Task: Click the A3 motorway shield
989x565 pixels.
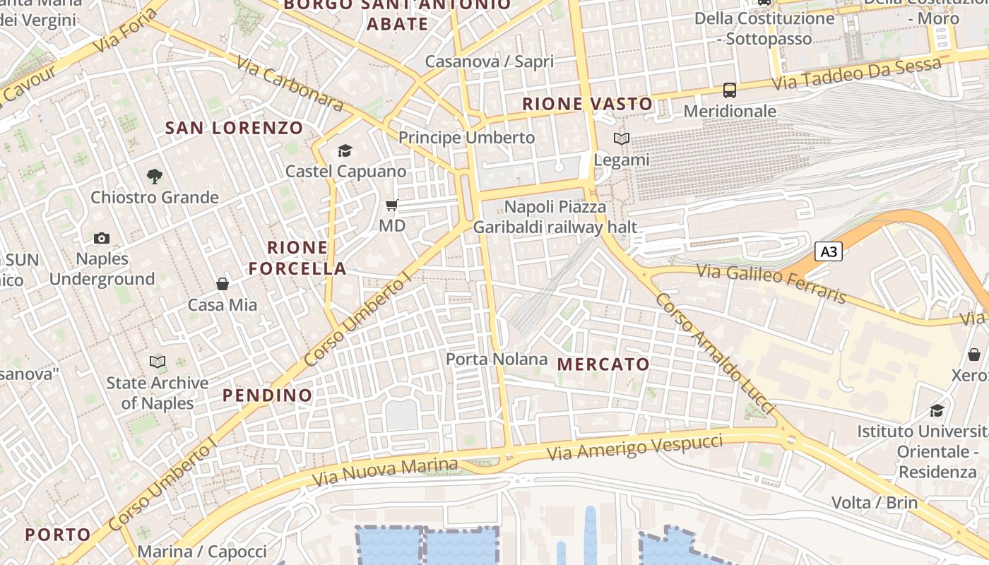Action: tap(829, 251)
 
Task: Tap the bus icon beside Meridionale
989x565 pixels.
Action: tap(730, 90)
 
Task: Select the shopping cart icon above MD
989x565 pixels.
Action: tap(392, 206)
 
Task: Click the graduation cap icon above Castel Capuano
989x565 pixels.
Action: tap(345, 150)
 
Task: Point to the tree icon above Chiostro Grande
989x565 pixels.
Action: tap(154, 176)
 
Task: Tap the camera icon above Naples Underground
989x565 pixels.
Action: tap(102, 239)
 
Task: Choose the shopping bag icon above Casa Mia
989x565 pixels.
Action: tap(223, 284)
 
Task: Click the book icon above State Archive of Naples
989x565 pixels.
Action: tap(158, 362)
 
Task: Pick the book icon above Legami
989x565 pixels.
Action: tap(621, 139)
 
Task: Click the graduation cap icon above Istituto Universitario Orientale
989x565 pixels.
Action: tap(937, 410)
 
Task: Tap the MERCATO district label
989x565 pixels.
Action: tap(603, 364)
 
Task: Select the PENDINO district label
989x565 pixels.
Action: tap(268, 395)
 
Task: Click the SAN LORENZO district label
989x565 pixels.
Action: tap(234, 128)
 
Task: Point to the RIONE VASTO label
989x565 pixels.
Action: tap(588, 104)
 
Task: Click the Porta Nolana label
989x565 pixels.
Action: tap(497, 359)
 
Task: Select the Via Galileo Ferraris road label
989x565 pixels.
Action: tap(771, 282)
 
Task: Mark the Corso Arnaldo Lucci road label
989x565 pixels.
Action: tap(715, 354)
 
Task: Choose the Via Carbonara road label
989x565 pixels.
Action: tap(290, 84)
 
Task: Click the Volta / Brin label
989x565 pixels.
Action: tap(875, 503)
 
